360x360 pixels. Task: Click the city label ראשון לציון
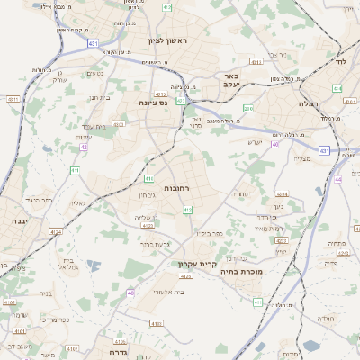tap(167, 41)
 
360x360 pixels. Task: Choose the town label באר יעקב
tap(231, 81)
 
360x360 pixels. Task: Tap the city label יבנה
tap(20, 220)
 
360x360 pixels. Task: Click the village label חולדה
tap(326, 319)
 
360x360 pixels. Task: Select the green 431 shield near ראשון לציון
tap(93, 42)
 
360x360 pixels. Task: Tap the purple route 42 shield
tap(84, 147)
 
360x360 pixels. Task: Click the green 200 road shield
tap(248, 109)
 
